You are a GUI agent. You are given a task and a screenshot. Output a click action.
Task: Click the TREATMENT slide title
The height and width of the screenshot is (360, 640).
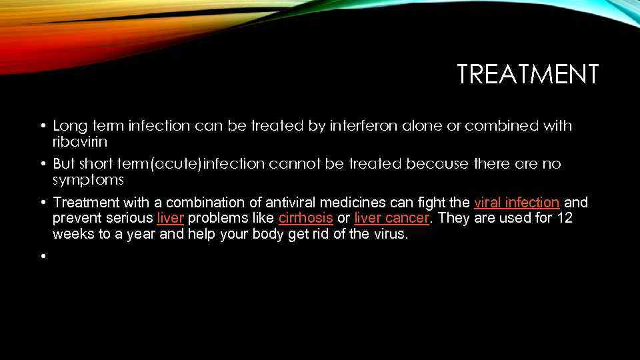[x=527, y=74]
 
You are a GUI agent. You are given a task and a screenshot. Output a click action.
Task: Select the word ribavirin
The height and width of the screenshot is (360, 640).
[x=79, y=142]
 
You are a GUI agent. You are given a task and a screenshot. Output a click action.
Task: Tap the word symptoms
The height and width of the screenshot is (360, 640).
[x=88, y=180]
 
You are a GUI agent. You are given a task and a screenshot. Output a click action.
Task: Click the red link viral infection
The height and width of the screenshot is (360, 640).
[x=516, y=202]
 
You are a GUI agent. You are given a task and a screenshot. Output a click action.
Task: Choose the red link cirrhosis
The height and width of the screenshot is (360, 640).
[x=305, y=218]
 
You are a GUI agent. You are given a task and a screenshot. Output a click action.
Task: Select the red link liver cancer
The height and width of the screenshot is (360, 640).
[x=392, y=218]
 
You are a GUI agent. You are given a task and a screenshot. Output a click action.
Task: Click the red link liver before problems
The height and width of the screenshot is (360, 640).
[x=170, y=218]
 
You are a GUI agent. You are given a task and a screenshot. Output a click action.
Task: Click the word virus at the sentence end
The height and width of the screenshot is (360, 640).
[x=387, y=234]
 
